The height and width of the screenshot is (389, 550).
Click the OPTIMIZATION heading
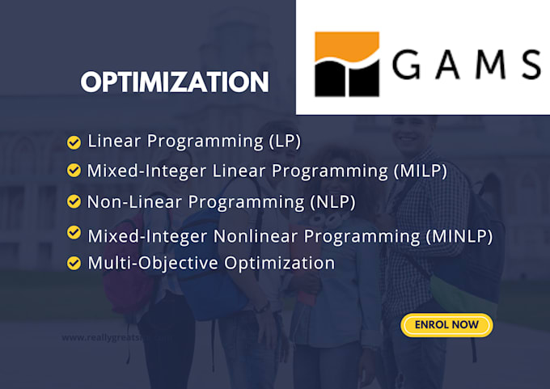tap(175, 82)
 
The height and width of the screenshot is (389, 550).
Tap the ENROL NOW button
tap(446, 325)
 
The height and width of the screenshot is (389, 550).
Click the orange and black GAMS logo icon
tap(347, 64)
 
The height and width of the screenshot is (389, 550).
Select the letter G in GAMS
tap(410, 65)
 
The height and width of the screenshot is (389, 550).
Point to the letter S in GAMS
tap(529, 65)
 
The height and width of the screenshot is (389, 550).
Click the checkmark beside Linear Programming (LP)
tap(74, 142)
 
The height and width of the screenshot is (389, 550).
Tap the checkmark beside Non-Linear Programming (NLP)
tap(74, 201)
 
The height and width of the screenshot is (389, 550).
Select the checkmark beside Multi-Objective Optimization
tap(74, 263)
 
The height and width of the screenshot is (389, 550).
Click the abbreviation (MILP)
tap(419, 171)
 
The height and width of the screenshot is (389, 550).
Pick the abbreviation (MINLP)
tap(458, 236)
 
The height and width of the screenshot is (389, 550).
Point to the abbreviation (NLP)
tap(332, 201)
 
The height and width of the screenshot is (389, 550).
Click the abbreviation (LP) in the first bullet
tap(285, 142)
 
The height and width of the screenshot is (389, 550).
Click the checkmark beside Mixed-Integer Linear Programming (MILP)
tap(74, 170)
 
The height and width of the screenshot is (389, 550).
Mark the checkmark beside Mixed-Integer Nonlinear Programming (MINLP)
tap(74, 233)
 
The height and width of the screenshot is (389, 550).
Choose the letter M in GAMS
tap(491, 65)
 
